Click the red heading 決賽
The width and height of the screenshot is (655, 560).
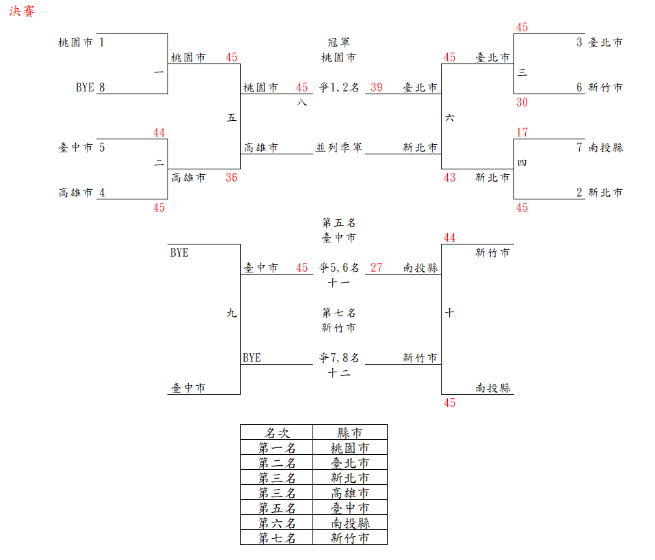(x=22, y=12)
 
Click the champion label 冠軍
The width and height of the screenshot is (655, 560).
(x=338, y=42)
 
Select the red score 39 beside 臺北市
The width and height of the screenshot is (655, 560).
(x=377, y=87)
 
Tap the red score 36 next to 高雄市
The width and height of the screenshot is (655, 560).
(x=232, y=178)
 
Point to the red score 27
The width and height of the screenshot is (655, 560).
(x=377, y=268)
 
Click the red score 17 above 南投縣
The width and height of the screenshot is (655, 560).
(x=522, y=132)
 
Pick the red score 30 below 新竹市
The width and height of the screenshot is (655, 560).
(x=522, y=102)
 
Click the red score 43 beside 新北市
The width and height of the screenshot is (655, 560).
(x=449, y=178)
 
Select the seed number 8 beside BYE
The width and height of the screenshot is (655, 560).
(x=102, y=87)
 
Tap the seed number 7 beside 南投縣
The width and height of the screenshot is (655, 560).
(x=580, y=148)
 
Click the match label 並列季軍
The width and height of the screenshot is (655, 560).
(x=338, y=148)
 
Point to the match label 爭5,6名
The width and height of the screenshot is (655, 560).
(x=338, y=268)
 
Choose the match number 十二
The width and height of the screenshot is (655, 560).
(x=338, y=373)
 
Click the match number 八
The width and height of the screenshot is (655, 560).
(x=302, y=102)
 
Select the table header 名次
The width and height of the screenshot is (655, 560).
(x=277, y=433)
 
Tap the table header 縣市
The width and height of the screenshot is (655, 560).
(x=350, y=433)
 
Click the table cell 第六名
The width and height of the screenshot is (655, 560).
(x=277, y=523)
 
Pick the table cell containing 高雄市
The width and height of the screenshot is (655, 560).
(x=350, y=493)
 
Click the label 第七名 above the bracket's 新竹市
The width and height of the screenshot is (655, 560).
(x=338, y=313)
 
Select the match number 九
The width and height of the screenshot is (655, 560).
(x=232, y=313)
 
